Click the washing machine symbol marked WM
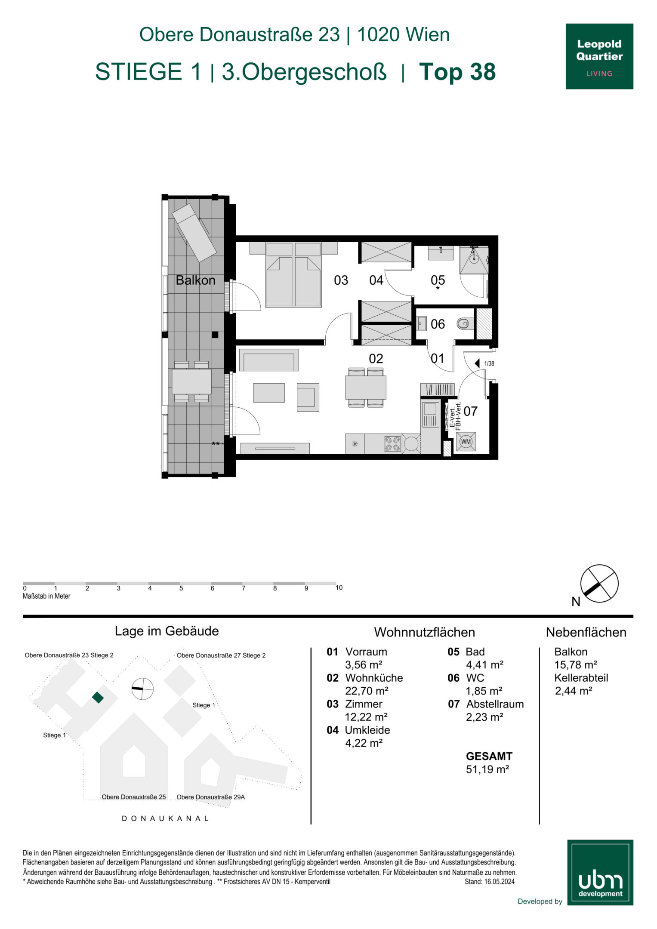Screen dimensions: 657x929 tap(466, 441)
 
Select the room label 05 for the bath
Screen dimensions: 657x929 tap(438, 280)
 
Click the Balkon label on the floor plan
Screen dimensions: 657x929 tap(195, 280)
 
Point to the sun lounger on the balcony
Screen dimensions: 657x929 tap(194, 233)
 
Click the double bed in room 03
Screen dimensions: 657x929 tap(293, 274)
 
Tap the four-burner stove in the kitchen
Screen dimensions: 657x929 tap(392, 444)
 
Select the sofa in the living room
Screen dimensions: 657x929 tap(269, 360)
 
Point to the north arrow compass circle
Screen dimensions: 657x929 tap(599, 584)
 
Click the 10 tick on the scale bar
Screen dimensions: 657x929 tap(339, 588)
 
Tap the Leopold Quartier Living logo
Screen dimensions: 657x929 tap(599, 56)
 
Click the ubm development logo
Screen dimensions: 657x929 tap(600, 872)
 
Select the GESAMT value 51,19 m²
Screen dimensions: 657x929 tap(487, 769)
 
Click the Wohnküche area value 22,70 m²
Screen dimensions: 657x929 tap(367, 691)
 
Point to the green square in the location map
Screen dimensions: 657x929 tap(98, 697)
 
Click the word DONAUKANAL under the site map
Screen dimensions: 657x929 tap(166, 818)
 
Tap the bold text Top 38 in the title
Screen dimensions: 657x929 tap(457, 72)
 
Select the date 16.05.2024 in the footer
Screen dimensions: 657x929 tap(500, 882)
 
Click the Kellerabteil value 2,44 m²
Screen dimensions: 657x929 tap(574, 691)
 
